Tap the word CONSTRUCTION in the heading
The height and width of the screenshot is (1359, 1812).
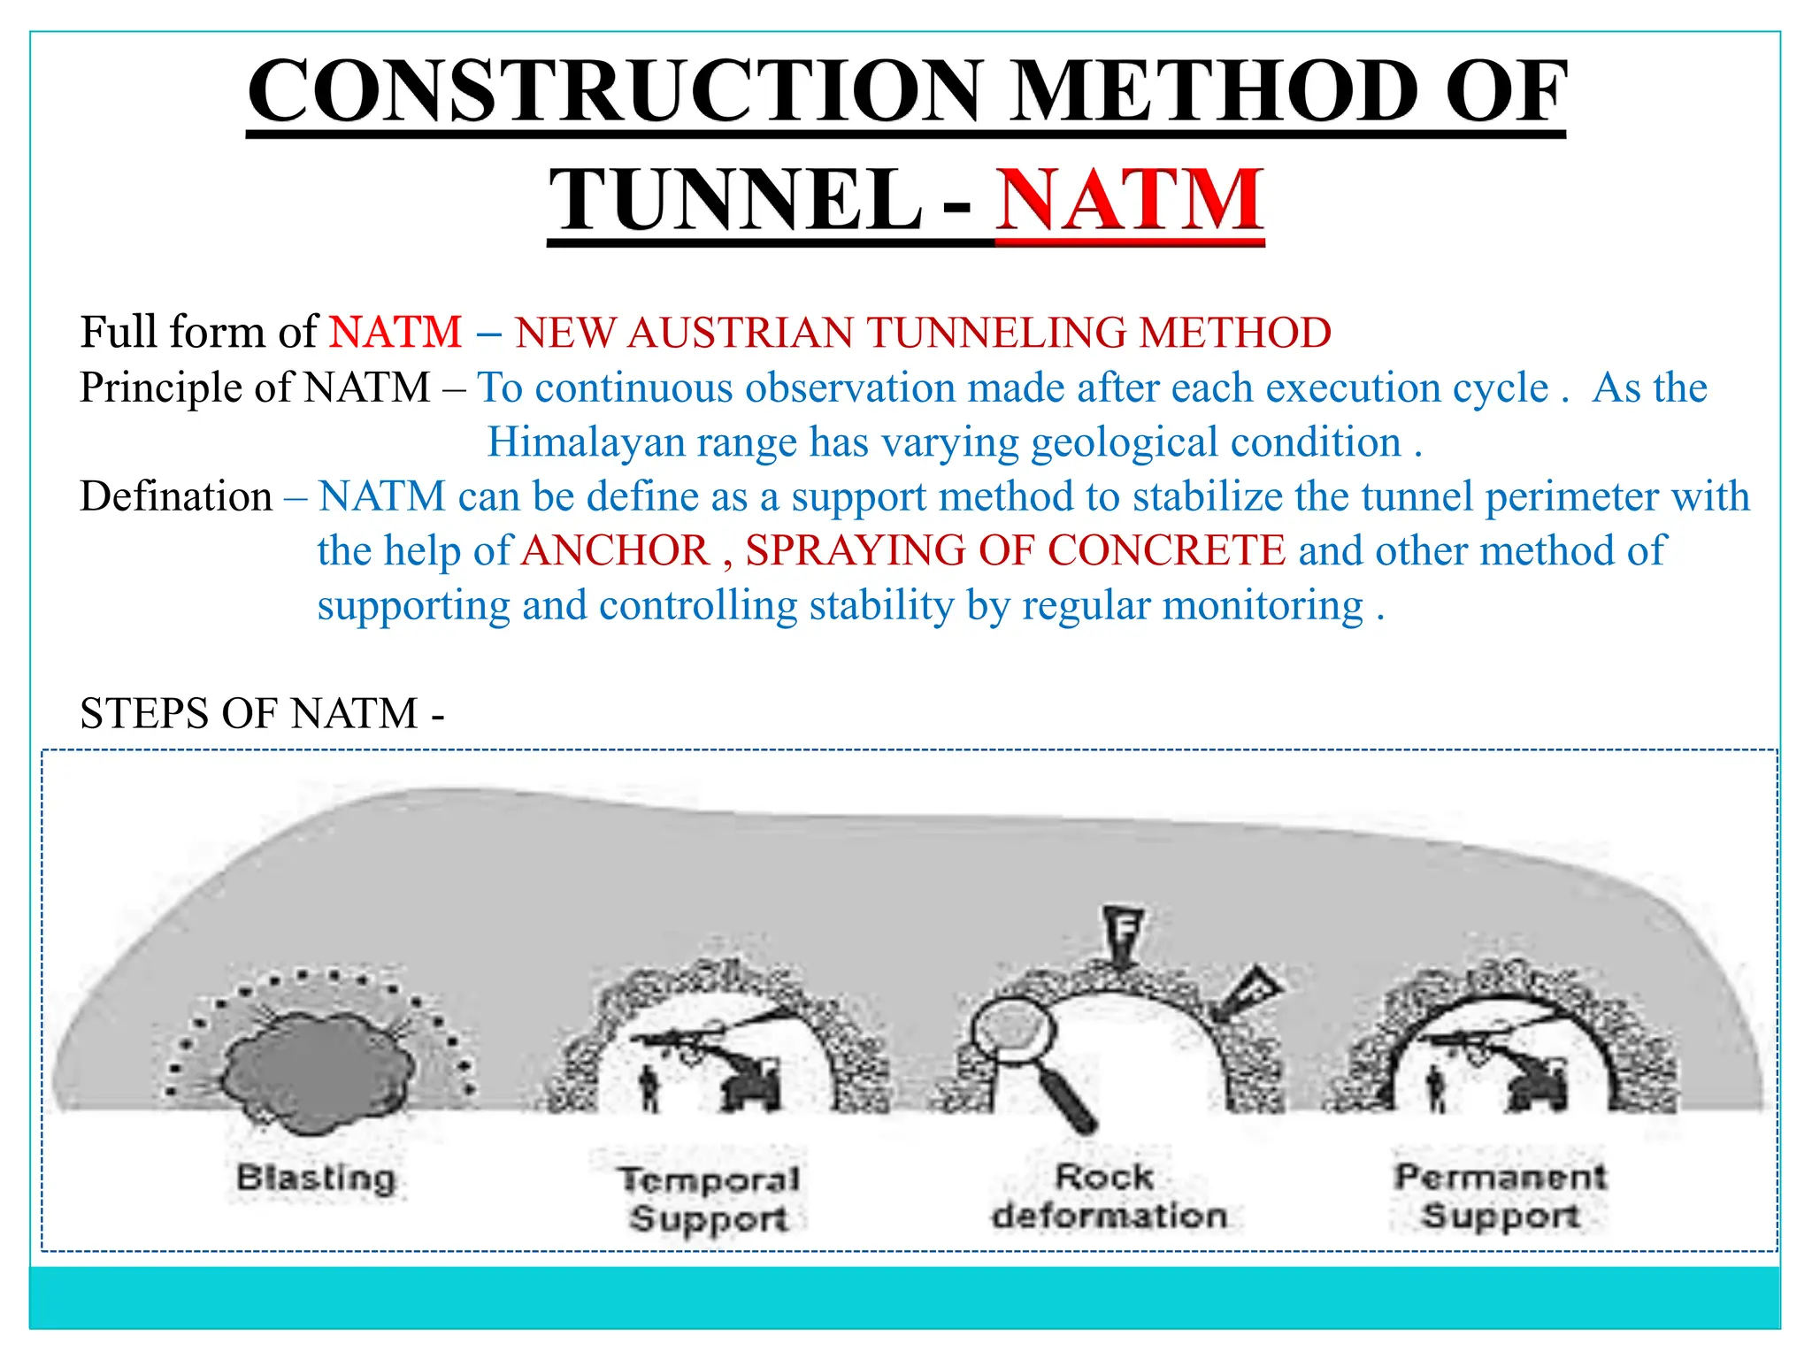pyautogui.click(x=615, y=90)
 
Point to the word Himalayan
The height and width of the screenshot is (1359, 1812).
pyautogui.click(x=586, y=441)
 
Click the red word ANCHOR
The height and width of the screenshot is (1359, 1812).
pyautogui.click(x=616, y=550)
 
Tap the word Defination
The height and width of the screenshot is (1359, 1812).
pyautogui.click(x=176, y=496)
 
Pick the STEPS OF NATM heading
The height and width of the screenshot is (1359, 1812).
pyautogui.click(x=262, y=713)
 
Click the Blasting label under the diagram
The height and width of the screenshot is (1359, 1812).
pyautogui.click(x=316, y=1178)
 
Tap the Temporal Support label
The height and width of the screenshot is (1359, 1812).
pyautogui.click(x=709, y=1199)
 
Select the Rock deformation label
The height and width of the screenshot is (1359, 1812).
pyautogui.click(x=1108, y=1196)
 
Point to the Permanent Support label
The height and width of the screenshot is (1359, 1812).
pyautogui.click(x=1501, y=1195)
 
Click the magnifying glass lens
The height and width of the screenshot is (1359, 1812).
pyautogui.click(x=1013, y=1032)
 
